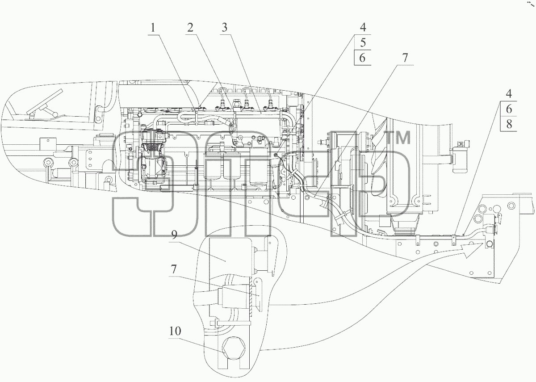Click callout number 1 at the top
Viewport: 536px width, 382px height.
[153, 28]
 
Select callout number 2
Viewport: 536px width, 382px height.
[190, 28]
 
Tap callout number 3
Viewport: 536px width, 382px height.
[224, 28]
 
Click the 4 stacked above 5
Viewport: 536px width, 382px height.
[363, 27]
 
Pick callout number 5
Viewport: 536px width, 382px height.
[363, 42]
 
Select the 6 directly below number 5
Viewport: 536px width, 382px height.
[363, 58]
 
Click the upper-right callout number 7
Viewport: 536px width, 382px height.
[405, 58]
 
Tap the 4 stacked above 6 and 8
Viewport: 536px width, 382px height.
[509, 93]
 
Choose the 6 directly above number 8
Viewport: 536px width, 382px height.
[509, 109]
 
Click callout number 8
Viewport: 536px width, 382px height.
[509, 124]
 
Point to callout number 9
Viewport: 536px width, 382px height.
[174, 235]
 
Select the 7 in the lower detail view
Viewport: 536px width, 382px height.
[173, 269]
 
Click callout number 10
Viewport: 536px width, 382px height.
[175, 331]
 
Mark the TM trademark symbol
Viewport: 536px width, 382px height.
[399, 138]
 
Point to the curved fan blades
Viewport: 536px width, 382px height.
[378, 165]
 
